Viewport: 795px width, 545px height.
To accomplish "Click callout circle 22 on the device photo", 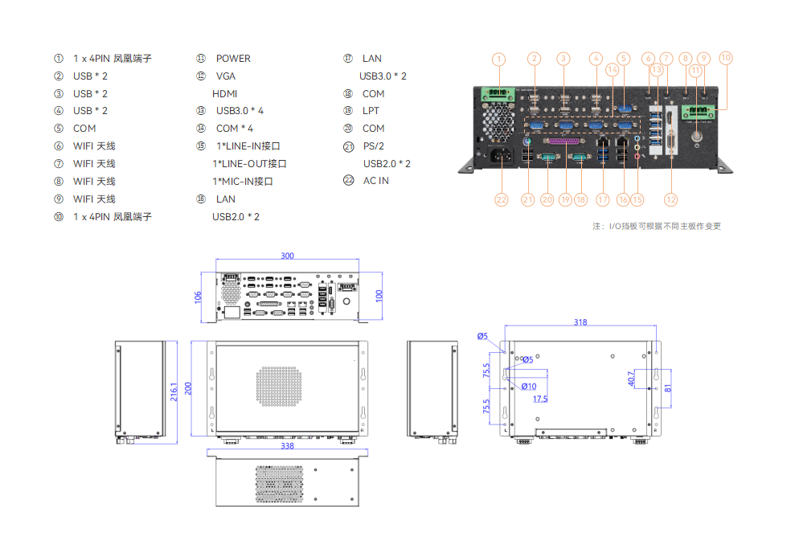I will (502, 199).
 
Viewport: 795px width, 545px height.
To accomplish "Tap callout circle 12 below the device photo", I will (670, 199).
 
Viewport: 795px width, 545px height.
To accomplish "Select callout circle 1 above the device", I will (499, 59).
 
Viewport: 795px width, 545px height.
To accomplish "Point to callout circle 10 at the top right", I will (726, 58).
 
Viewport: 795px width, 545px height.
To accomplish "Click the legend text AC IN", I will (376, 181).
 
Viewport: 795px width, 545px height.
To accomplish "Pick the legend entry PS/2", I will (374, 146).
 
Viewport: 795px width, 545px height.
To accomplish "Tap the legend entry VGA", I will (226, 76).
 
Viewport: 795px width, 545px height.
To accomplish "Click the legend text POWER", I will (233, 59).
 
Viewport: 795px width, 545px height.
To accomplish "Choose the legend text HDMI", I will (225, 94).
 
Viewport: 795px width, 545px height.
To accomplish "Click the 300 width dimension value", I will (287, 256).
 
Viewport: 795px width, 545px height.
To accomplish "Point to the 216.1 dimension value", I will (174, 391).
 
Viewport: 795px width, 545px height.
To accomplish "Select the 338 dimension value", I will (287, 445).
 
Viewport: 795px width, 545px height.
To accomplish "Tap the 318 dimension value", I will (580, 322).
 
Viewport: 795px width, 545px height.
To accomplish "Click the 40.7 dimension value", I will (632, 378).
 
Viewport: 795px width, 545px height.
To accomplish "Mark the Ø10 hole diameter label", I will (528, 387).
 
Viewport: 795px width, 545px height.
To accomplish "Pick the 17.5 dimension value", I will (539, 399).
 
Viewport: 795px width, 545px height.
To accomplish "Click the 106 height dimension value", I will (198, 297).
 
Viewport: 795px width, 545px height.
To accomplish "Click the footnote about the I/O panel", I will (656, 227).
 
